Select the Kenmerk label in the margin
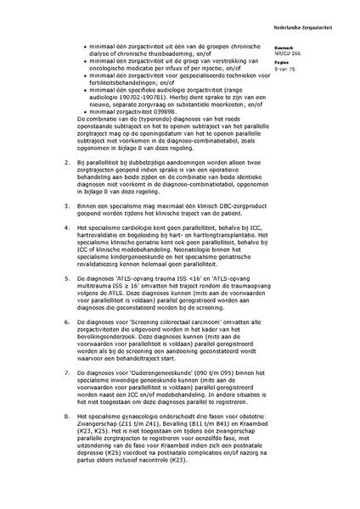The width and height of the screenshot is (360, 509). (x=308, y=48)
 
